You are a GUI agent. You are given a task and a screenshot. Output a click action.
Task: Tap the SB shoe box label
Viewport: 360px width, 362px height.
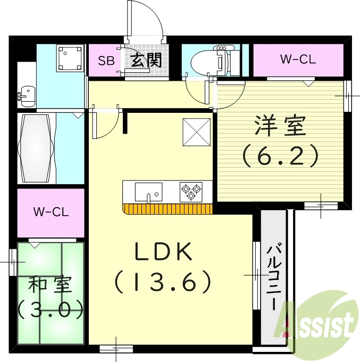coord(105,60)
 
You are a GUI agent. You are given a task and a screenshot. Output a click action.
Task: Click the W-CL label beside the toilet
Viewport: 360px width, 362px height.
coord(298,59)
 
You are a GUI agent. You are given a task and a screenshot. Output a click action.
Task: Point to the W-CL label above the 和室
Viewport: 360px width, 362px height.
coord(51,212)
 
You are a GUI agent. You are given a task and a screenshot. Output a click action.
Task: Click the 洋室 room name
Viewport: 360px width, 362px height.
coord(280,127)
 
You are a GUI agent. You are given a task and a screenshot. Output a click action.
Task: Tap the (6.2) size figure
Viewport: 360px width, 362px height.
coord(280,155)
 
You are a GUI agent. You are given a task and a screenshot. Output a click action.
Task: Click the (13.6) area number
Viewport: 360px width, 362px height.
coord(163,282)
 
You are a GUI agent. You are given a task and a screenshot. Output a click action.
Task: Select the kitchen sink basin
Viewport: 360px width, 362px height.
coord(148,191)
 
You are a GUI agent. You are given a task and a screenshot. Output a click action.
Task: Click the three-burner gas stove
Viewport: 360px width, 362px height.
coord(190,191)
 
